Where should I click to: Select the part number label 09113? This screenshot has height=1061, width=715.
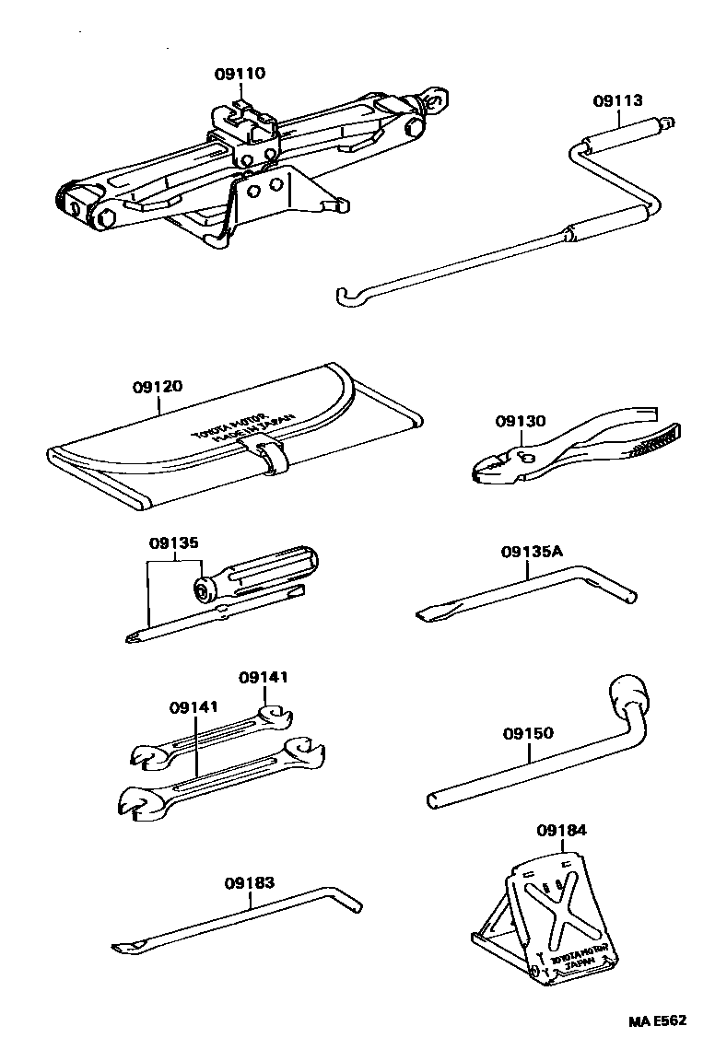(x=617, y=101)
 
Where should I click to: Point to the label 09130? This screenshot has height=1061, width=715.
(x=521, y=421)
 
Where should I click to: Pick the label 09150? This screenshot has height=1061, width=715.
(x=528, y=734)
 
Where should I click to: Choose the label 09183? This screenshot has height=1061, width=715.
(x=249, y=881)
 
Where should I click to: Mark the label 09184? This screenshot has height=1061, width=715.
(x=561, y=830)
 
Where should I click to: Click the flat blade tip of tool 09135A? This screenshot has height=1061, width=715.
(x=425, y=614)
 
